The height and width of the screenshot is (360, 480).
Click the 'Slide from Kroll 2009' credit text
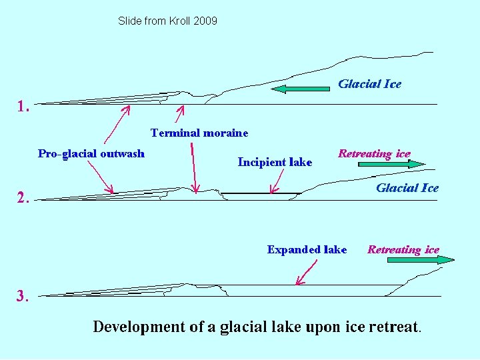[167, 21]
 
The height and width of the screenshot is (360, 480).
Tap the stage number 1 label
[24, 106]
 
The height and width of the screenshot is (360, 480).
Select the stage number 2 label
[24, 197]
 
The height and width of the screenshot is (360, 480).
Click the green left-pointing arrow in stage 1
[300, 89]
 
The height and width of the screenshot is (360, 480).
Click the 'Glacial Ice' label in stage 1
[369, 84]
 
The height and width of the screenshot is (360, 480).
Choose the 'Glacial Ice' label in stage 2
[407, 188]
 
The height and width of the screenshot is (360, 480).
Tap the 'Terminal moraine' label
[199, 133]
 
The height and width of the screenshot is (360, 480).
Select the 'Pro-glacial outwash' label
[91, 154]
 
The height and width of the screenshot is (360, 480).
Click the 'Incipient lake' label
[275, 162]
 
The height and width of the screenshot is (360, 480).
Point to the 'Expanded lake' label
[307, 250]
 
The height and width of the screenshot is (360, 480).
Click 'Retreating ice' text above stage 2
[374, 154]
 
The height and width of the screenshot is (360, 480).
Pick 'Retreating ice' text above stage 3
[403, 250]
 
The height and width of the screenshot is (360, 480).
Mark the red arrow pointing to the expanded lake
[306, 272]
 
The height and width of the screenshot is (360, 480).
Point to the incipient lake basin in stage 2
[260, 197]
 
